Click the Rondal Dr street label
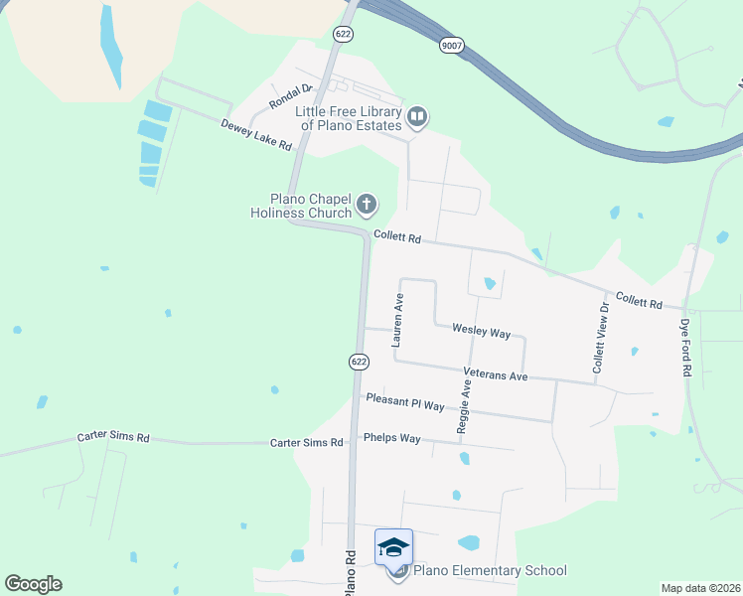tap(291, 96)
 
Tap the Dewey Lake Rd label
tap(255, 134)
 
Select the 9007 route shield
tap(451, 45)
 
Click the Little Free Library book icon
tap(418, 118)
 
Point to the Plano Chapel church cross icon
tap(367, 206)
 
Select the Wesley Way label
tap(481, 329)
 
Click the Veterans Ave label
tap(495, 376)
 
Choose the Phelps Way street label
tap(392, 438)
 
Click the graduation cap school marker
tap(393, 547)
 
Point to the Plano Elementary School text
tap(489, 570)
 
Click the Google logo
tap(33, 584)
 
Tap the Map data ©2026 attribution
tap(700, 588)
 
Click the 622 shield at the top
tap(344, 34)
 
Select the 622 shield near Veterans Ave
tap(359, 363)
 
